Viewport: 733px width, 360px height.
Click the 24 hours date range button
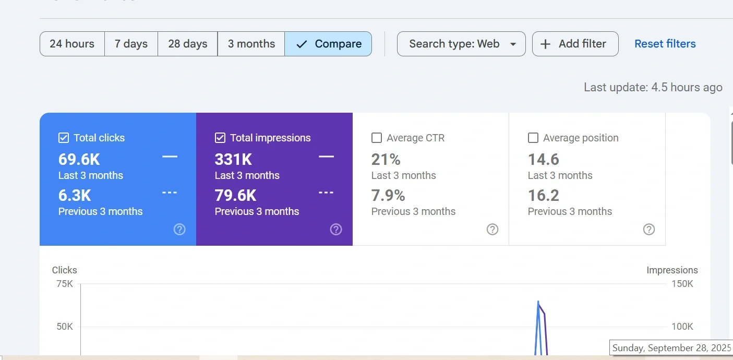pyautogui.click(x=72, y=44)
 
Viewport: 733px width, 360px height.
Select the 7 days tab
pyautogui.click(x=131, y=44)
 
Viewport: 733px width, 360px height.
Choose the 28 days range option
pyautogui.click(x=188, y=44)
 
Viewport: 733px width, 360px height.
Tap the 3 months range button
pyautogui.click(x=251, y=44)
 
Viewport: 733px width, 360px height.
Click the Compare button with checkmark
pyautogui.click(x=328, y=44)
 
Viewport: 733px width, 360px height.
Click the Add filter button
pyautogui.click(x=575, y=44)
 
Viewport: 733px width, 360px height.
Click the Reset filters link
pyautogui.click(x=665, y=44)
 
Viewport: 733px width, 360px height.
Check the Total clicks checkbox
pyautogui.click(x=64, y=138)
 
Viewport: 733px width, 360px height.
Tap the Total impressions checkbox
pyautogui.click(x=220, y=138)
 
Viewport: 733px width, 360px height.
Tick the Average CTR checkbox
pyautogui.click(x=377, y=138)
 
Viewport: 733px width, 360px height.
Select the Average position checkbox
pyautogui.click(x=533, y=138)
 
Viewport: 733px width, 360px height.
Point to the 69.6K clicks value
pyautogui.click(x=79, y=159)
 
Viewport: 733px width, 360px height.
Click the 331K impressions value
pyautogui.click(x=233, y=159)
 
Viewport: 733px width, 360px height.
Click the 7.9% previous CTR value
pyautogui.click(x=388, y=196)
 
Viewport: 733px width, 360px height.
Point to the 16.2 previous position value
pyautogui.click(x=544, y=196)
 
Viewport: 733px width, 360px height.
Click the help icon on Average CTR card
pyautogui.click(x=492, y=230)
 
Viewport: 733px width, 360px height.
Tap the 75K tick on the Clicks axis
pyautogui.click(x=65, y=284)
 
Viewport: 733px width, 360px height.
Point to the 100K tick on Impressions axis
pyautogui.click(x=682, y=327)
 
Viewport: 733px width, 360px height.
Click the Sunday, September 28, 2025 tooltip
pyautogui.click(x=672, y=348)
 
